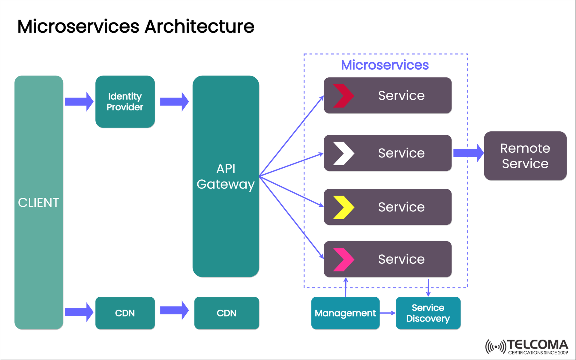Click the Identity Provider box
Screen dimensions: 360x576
point(125,102)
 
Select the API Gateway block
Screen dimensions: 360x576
point(226,176)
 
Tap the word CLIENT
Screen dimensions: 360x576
point(39,202)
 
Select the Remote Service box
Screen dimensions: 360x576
point(525,156)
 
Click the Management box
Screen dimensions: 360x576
point(345,313)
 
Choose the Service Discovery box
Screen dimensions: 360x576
point(428,313)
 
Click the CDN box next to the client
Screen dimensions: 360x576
point(125,313)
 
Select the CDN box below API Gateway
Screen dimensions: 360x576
point(226,313)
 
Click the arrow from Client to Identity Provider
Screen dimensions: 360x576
point(79,102)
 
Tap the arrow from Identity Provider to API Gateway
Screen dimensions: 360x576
point(174,102)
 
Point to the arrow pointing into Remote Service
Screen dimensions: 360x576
point(468,153)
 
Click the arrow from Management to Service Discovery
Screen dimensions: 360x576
point(388,313)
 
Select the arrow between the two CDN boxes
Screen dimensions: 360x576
point(174,310)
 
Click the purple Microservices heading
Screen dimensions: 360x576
point(385,65)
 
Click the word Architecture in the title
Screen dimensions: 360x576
point(199,26)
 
